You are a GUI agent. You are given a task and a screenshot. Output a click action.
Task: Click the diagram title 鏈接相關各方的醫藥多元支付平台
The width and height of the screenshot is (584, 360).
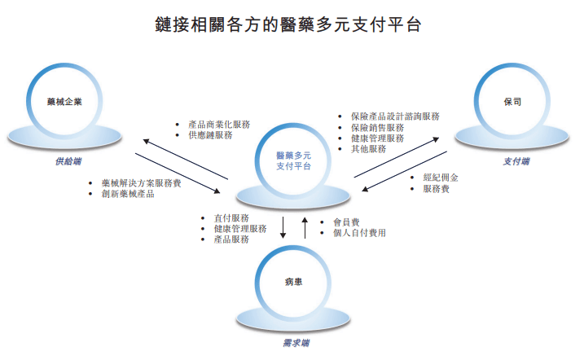(x=288, y=24)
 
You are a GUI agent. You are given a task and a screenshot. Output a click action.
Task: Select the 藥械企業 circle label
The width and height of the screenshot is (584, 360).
(x=64, y=102)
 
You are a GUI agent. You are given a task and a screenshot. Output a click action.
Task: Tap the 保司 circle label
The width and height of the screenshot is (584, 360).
(x=512, y=102)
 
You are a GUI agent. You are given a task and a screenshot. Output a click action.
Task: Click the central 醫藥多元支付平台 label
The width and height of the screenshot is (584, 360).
(x=293, y=160)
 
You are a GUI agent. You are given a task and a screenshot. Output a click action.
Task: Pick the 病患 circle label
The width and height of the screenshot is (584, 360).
(x=293, y=282)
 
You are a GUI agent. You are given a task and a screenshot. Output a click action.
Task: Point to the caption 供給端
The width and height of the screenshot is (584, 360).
(x=68, y=161)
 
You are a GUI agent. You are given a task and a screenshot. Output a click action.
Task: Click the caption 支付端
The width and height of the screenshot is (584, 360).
(x=516, y=161)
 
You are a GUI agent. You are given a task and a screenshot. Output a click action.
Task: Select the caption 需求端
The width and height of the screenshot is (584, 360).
(x=296, y=343)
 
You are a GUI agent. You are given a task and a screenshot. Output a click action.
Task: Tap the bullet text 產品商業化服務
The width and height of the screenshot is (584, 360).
(x=219, y=125)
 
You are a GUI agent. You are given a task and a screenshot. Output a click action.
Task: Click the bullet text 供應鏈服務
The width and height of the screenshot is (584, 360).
(x=210, y=135)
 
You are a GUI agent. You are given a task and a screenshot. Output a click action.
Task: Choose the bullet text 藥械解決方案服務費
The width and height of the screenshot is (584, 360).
(x=141, y=183)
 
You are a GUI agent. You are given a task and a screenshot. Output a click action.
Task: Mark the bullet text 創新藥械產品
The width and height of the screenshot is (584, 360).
(x=128, y=194)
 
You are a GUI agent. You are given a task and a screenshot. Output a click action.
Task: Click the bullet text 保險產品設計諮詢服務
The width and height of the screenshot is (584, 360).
(x=395, y=116)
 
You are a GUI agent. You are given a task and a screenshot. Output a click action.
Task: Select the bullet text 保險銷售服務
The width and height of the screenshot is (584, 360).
(x=377, y=128)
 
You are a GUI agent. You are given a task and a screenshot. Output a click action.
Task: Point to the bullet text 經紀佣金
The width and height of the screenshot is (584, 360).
(x=441, y=178)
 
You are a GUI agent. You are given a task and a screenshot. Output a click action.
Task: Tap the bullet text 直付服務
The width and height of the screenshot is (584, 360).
(x=231, y=217)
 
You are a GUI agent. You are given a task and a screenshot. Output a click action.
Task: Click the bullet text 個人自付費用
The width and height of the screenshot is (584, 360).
(x=359, y=233)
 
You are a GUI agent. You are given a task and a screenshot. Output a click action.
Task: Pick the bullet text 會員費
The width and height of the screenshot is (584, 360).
(x=346, y=222)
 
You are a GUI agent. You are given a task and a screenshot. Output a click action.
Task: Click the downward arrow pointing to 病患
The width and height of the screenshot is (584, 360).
(x=283, y=227)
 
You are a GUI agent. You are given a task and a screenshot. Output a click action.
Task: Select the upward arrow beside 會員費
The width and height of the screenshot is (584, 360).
(x=305, y=227)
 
